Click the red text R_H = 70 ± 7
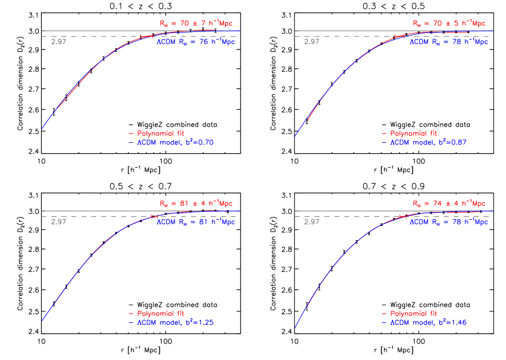tap(195, 23)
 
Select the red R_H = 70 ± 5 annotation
tap(449, 23)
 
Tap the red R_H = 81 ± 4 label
tap(195, 204)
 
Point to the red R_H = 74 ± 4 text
tap(449, 204)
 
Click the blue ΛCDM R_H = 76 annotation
tap(195, 42)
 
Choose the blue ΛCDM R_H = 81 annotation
tap(195, 222)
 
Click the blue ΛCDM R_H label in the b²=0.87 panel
tap(449, 42)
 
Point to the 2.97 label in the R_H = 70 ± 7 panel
tap(59, 42)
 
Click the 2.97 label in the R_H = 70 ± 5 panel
tap(312, 42)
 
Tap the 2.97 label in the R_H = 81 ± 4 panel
tap(59, 222)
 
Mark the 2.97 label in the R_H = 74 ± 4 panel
tap(312, 222)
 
